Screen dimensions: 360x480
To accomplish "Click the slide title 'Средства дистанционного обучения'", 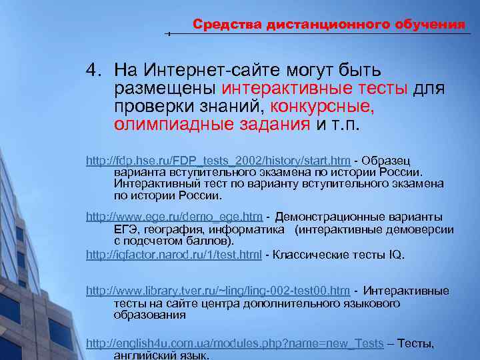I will (329, 25).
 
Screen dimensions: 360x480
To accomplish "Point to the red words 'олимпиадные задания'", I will (212, 125).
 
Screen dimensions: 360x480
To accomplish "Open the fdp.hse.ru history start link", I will (219, 161).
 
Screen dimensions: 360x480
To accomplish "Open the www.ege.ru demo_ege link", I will (175, 217).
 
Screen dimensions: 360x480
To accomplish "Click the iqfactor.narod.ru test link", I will (174, 255).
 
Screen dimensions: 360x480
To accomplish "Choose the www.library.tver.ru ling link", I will (219, 291).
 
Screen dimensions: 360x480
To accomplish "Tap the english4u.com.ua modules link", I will (235, 343).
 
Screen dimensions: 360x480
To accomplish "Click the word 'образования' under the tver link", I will (149, 315).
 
